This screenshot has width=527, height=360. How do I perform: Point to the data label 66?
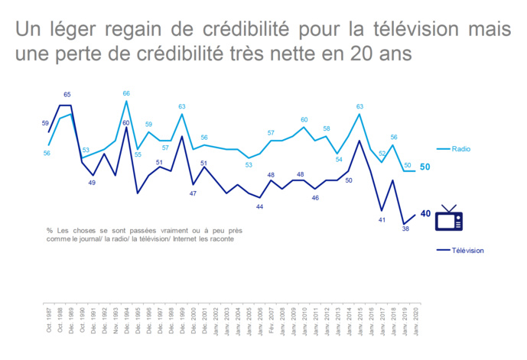pos(126,93)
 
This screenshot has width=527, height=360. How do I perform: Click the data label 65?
pos(67,95)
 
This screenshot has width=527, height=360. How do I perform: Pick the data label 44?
pos(259,207)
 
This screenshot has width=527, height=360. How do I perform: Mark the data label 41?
pos(381,220)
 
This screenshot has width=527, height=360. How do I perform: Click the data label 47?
pos(193,193)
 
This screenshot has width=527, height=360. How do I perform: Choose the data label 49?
pos(92,183)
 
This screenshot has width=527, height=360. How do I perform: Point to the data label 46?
pos(315,198)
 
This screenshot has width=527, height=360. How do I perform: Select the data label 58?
pos(327,128)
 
